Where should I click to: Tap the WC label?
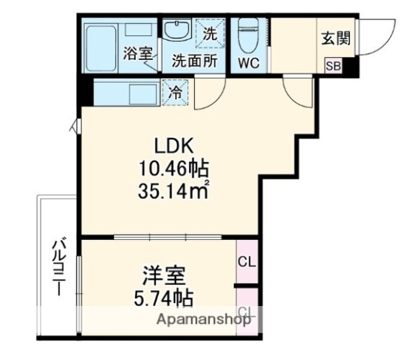coord(248,63)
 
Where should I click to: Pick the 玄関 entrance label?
coord(336,38)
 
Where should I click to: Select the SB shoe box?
coord(333,66)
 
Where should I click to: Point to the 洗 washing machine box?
coord(211,33)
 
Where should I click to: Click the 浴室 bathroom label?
coord(138,54)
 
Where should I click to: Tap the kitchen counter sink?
coord(139,94)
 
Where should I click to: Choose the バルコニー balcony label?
coord(58,267)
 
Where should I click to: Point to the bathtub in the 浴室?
coord(101,45)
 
